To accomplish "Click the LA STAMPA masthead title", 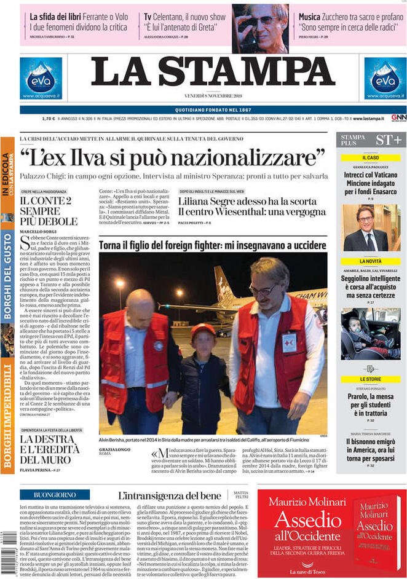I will click(213, 73).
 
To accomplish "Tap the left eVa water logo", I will click(41, 78).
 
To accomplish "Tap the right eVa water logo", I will click(385, 78).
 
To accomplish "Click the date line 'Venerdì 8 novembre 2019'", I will click(212, 96).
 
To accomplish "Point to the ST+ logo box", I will click(389, 140).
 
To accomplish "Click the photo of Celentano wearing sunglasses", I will click(260, 28).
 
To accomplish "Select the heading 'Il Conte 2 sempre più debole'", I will click(49, 210).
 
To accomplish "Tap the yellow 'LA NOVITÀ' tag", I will click(371, 261).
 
